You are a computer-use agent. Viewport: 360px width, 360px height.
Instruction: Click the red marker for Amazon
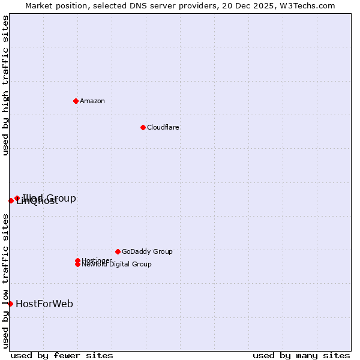tap(76, 101)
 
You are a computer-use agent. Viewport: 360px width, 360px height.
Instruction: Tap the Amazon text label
tap(92, 101)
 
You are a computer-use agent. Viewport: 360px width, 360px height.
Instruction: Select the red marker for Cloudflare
tap(143, 127)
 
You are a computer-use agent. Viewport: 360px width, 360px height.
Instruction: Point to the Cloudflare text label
tap(163, 127)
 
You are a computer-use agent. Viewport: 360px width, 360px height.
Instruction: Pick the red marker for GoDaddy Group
tap(118, 251)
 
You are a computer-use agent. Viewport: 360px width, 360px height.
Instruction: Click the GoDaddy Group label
tap(147, 251)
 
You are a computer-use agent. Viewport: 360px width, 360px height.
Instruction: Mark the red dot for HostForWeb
tap(10, 304)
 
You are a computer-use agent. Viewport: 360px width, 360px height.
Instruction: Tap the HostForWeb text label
tap(44, 304)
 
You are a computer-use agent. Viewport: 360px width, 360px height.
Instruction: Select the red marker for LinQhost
tap(11, 200)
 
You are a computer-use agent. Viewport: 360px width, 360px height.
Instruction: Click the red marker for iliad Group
tap(17, 198)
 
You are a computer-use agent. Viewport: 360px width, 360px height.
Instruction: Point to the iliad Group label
tap(49, 198)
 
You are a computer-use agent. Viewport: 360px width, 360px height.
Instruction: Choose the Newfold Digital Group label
tap(116, 265)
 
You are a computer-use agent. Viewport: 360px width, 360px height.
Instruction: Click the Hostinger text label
tap(97, 260)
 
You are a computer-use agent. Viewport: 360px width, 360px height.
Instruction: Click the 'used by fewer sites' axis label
tap(62, 355)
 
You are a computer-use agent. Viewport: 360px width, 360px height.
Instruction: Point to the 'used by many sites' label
tap(301, 355)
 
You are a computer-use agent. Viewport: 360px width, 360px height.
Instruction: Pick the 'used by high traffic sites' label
tap(5, 85)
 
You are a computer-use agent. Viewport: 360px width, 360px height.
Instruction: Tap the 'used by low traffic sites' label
tap(5, 281)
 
